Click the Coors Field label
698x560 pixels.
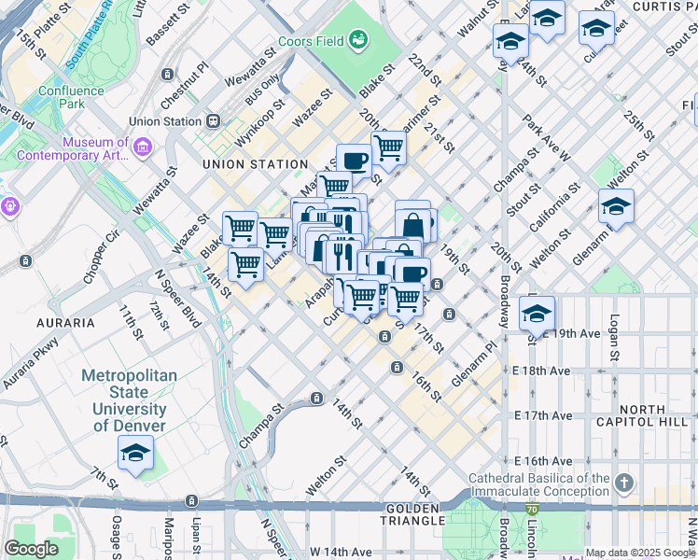(311, 42)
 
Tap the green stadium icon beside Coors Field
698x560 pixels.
(357, 40)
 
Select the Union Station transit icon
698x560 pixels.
(214, 121)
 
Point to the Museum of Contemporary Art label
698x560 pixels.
(94, 148)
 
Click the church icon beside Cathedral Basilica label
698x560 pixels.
(623, 483)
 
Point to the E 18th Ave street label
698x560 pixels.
(541, 371)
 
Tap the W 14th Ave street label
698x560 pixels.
(340, 552)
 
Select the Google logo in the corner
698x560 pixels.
(31, 549)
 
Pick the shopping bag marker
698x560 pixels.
(412, 225)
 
